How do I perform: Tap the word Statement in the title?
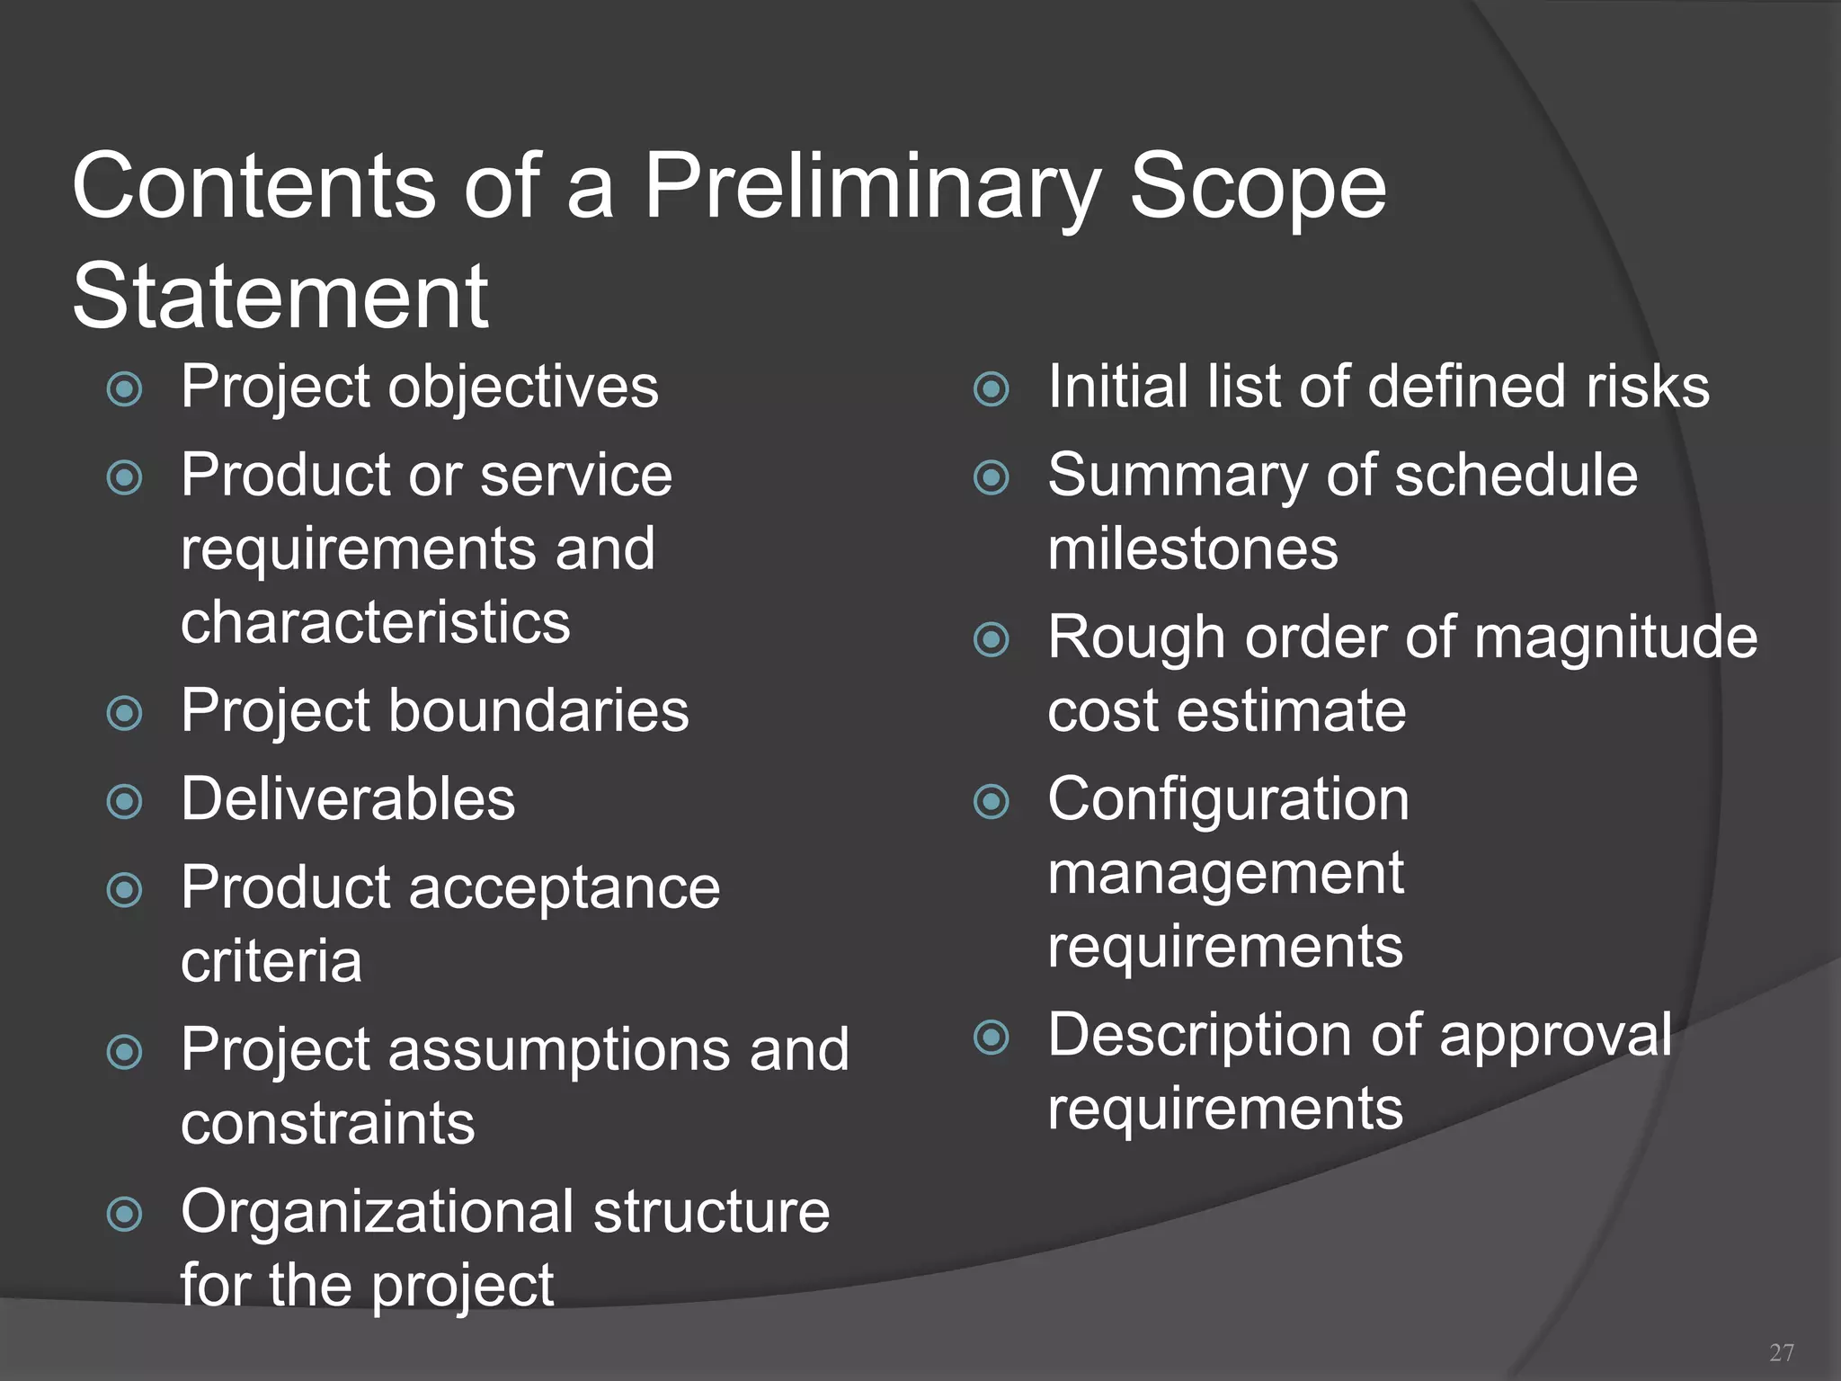280,297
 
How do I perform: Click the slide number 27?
1781,1352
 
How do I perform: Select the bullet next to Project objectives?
124,389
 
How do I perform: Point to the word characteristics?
375,622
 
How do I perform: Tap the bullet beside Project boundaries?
124,713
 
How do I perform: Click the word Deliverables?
348,799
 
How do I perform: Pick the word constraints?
327,1124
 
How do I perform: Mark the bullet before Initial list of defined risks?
992,389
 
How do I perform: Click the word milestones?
1193,549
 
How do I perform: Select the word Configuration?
1228,799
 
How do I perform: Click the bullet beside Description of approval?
992,1037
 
